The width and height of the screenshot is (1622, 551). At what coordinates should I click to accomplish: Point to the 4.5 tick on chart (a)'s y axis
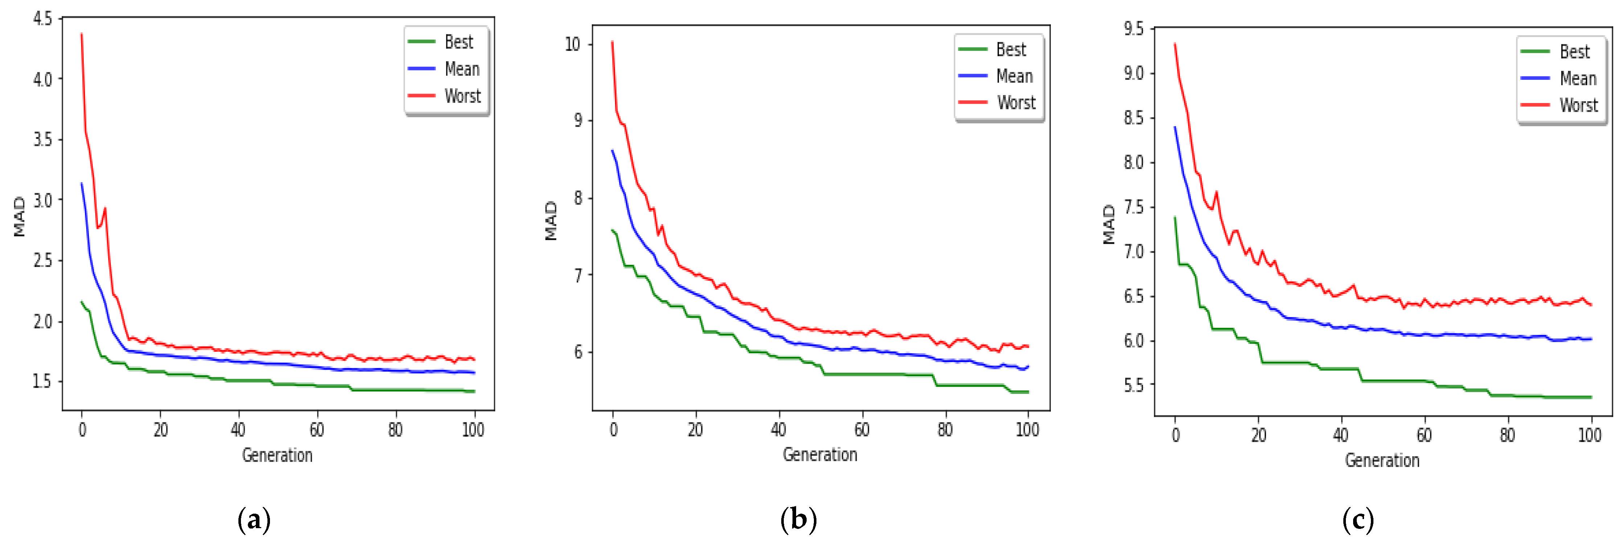[43, 19]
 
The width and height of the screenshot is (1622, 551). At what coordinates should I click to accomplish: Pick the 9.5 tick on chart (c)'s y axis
[1133, 29]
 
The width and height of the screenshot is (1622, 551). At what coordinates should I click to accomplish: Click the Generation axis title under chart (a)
[277, 455]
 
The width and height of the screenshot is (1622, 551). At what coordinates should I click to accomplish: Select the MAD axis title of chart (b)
[551, 221]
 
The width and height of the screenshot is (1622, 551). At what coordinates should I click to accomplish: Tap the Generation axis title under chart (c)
[1382, 460]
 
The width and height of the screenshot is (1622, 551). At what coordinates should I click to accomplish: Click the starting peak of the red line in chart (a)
[81, 34]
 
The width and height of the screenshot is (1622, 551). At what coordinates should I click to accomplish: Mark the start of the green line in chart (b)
[612, 230]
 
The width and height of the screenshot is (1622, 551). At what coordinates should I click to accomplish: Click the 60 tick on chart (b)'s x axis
[861, 430]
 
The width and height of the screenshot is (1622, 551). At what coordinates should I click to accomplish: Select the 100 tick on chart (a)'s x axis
[473, 430]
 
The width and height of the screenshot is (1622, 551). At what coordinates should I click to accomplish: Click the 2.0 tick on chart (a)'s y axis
[43, 321]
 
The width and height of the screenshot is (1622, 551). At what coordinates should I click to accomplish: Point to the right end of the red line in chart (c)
[1591, 305]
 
